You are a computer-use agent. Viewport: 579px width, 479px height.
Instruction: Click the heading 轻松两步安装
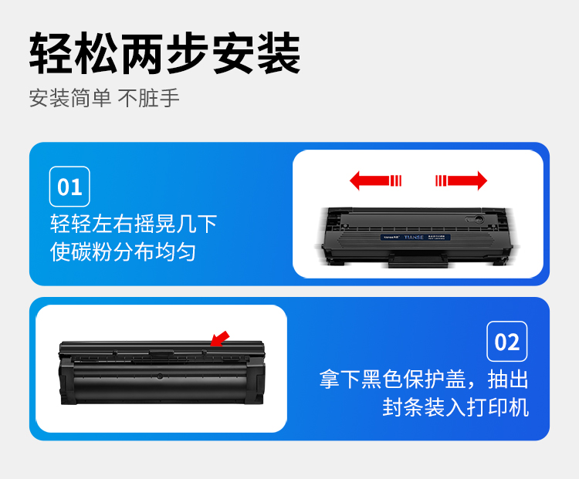point(164,53)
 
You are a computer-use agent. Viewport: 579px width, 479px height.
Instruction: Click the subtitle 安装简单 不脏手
point(104,98)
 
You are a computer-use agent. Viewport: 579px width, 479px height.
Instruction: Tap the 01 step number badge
point(69,187)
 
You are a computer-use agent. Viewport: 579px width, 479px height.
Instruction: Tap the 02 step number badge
point(507,342)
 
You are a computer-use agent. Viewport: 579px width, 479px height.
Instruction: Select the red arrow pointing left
point(375,180)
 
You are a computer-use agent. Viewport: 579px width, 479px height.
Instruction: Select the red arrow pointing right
point(461,180)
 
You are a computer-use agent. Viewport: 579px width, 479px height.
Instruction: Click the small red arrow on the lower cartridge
point(220,339)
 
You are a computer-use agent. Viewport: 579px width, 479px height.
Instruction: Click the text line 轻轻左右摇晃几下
point(134,224)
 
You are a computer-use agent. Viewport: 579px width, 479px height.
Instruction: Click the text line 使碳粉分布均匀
point(123,252)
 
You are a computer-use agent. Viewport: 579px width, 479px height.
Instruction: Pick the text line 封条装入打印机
point(455,407)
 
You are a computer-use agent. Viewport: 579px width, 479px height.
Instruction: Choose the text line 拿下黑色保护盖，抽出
point(424,379)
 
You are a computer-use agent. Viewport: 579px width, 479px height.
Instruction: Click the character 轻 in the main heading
point(51,53)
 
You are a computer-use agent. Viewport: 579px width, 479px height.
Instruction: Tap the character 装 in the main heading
point(279,53)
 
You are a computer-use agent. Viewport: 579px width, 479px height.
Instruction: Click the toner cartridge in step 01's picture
point(417,237)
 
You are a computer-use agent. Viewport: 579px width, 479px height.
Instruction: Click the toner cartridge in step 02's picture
point(162,372)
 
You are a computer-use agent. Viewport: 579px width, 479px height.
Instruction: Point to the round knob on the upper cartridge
point(479,219)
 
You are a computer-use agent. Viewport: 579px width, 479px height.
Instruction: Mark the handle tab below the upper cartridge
point(418,260)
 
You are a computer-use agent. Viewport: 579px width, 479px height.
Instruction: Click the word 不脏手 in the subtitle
point(148,98)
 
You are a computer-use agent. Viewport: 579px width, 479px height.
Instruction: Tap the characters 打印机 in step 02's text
point(498,407)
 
